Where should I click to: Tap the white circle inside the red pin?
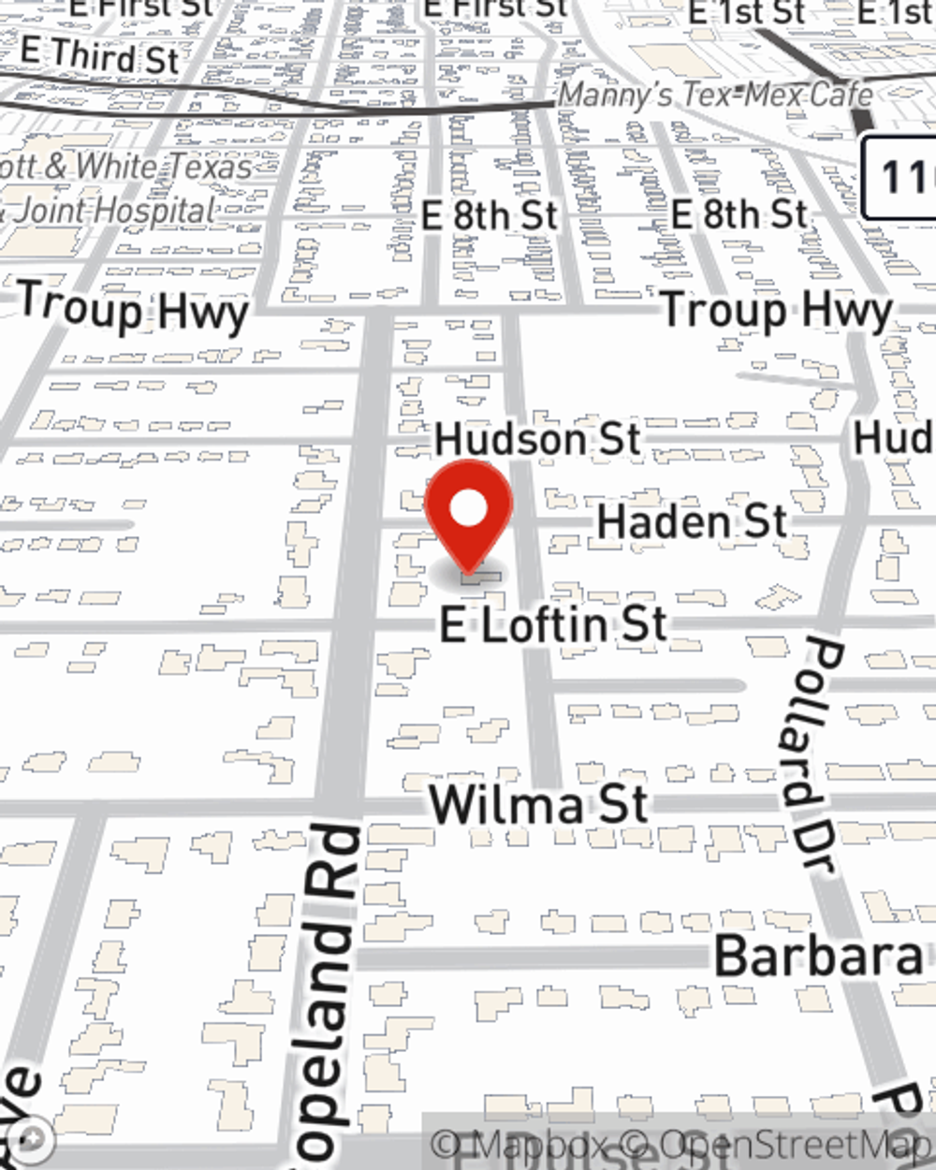pos(468,510)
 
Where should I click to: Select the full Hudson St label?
pos(537,439)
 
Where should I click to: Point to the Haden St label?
pos(692,521)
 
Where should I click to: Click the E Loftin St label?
pos(554,625)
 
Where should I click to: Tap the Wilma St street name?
pos(538,805)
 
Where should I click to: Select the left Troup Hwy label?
pos(133,308)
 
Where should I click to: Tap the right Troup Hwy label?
pos(776,311)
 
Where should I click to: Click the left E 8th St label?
pos(489,216)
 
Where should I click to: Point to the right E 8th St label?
pos(739,214)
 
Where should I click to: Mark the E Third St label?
pos(99,56)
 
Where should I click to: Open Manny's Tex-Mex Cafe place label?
pos(716,95)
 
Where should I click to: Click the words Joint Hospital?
pos(114,211)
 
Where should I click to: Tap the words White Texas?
pos(164,167)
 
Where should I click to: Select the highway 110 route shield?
pos(900,177)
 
